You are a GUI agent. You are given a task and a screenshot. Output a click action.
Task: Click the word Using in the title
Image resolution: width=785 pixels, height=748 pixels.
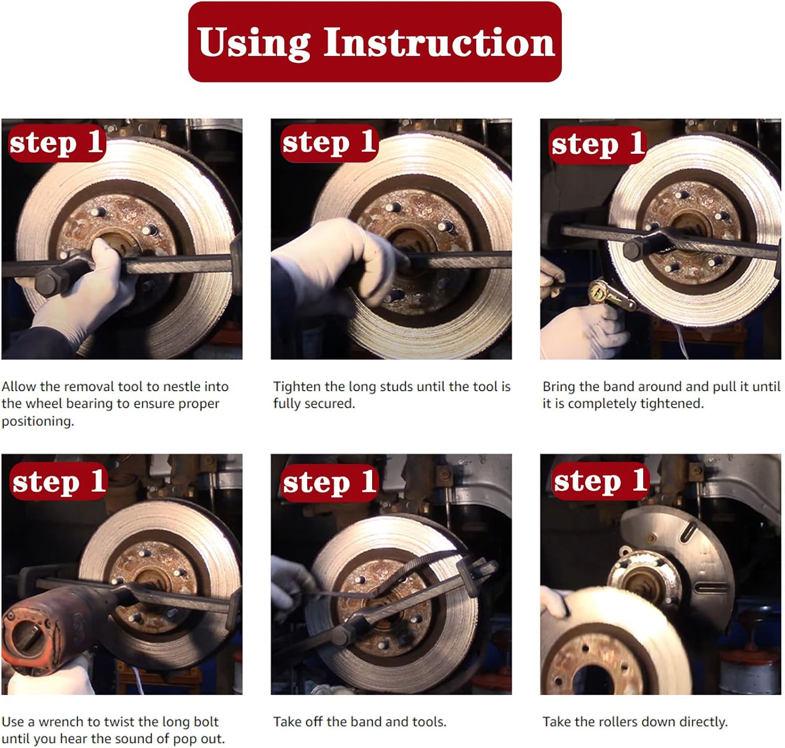[253, 43]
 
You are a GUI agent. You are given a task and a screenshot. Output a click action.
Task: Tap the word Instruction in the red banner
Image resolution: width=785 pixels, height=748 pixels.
[439, 42]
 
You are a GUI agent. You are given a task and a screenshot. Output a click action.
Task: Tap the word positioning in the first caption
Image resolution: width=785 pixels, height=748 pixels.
[38, 422]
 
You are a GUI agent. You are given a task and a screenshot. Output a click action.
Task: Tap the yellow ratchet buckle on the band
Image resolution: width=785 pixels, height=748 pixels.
[609, 293]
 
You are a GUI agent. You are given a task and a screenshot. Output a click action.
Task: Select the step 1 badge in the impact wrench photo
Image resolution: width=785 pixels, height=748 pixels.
[59, 481]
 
